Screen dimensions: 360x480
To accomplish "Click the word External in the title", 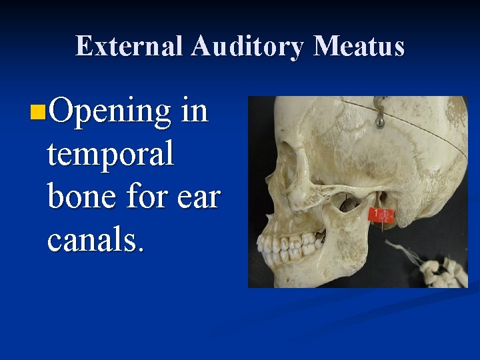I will click(129, 47).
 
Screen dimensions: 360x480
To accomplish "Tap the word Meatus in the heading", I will click(359, 47).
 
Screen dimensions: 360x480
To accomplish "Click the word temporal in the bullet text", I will click(110, 155).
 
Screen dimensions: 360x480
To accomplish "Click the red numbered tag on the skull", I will click(382, 215).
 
